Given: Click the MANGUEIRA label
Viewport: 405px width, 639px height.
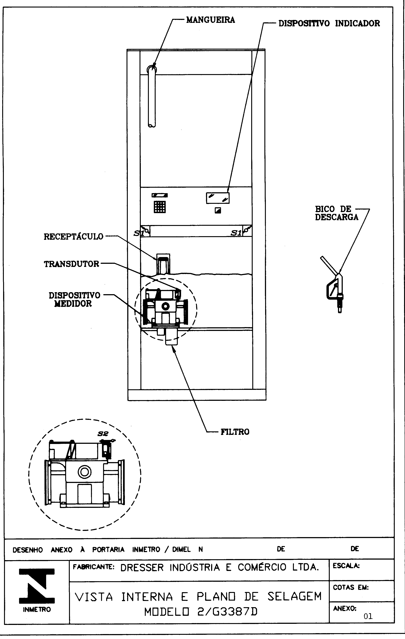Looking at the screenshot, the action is pyautogui.click(x=210, y=20).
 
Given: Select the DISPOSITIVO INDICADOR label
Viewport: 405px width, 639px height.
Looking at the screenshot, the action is pyautogui.click(x=329, y=23).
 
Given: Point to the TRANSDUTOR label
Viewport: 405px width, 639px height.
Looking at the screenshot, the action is pyautogui.click(x=71, y=264).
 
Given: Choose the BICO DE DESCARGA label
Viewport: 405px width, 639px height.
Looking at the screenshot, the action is pyautogui.click(x=337, y=213).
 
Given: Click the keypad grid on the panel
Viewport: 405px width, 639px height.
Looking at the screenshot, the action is pyautogui.click(x=160, y=207).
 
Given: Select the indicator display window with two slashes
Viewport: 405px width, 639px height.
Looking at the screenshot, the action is pyautogui.click(x=218, y=198).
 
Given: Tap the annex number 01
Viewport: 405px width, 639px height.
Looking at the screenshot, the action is pyautogui.click(x=368, y=616).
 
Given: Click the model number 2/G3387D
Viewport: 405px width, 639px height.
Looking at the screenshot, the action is pyautogui.click(x=201, y=612).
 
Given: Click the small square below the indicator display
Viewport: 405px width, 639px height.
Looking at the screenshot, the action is pyautogui.click(x=218, y=210).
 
